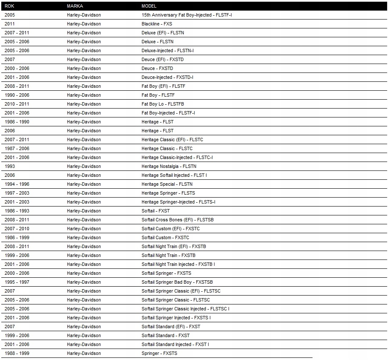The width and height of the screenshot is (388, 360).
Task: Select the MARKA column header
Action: tap(75, 6)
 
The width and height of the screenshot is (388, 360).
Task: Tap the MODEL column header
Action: tap(149, 6)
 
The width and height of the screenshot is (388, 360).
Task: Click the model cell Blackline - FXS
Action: tap(157, 24)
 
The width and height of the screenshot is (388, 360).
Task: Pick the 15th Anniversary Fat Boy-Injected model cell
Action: tap(187, 15)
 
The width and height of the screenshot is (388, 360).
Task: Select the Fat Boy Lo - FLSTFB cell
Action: tap(163, 104)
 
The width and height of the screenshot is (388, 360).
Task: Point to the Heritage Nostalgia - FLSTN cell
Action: tap(169, 166)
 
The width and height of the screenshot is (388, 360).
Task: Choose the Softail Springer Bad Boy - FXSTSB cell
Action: tap(177, 282)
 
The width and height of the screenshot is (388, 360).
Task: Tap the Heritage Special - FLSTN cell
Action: tap(167, 184)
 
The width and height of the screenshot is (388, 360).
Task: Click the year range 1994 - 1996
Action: tap(17, 184)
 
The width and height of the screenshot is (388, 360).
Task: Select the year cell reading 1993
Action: tap(10, 166)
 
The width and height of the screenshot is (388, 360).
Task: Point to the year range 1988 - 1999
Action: tap(17, 353)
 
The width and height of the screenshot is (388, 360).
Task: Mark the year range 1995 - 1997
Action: tap(17, 282)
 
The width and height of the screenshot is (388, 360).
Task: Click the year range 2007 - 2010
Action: tap(17, 229)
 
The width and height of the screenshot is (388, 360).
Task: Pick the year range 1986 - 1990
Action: tap(17, 122)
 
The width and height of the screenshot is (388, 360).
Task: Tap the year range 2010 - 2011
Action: tap(17, 104)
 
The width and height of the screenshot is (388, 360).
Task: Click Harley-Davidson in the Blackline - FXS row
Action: tap(84, 24)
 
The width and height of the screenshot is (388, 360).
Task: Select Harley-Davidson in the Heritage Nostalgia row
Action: tap(84, 166)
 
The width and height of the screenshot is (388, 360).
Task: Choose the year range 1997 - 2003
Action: tap(17, 193)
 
